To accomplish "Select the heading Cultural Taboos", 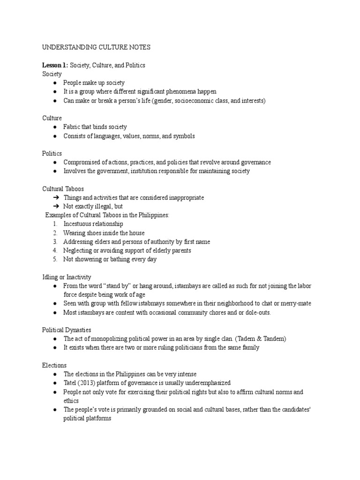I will pos(63,189).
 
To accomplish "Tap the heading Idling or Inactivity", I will pos(67,277).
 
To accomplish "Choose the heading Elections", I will pos(54,365).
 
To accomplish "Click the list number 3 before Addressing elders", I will pos(55,242).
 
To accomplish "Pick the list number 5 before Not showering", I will pos(55,259).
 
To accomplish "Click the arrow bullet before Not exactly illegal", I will pos(55,206).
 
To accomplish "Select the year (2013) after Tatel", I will pos(90,383).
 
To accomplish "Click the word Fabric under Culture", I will pos(73,127).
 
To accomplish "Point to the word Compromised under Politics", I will pos(82,162).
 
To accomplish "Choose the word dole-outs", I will pos(257,312).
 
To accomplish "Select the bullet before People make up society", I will pos(55,83).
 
